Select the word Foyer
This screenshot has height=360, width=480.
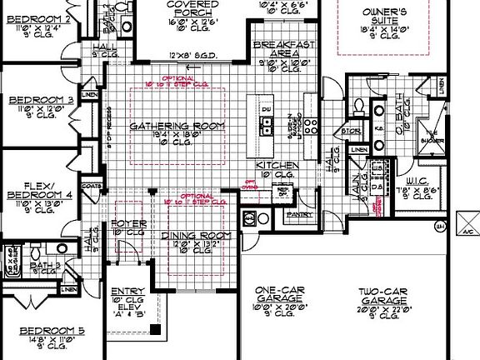click(x=128, y=222)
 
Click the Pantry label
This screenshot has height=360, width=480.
click(x=298, y=214)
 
